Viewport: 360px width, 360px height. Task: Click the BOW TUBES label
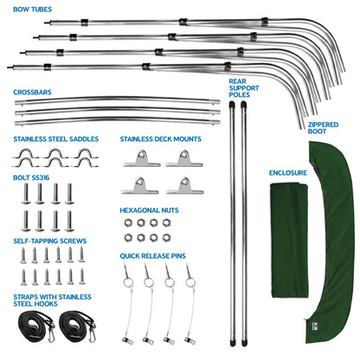(32, 10)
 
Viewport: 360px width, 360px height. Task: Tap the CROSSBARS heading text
(32, 93)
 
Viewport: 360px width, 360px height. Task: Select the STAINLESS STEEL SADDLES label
(56, 139)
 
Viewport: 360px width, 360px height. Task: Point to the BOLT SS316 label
(31, 177)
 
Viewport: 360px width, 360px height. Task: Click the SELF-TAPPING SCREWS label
(50, 241)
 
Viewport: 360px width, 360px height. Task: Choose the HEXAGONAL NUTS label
(149, 210)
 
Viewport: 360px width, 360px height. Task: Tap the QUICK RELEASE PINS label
(153, 256)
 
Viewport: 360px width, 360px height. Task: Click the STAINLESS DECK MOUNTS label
(161, 139)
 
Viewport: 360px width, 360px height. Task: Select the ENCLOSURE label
(288, 173)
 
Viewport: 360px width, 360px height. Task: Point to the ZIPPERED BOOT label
(323, 128)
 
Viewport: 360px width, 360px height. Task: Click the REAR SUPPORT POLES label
(244, 88)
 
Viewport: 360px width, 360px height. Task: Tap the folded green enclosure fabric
(289, 241)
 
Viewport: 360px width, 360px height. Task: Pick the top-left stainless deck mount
(142, 159)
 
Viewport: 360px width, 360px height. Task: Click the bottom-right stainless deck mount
(184, 186)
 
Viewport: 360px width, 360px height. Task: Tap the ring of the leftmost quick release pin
(128, 282)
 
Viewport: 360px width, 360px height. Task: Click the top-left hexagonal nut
(128, 222)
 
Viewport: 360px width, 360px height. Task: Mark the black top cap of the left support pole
(232, 105)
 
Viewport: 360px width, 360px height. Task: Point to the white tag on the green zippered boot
(314, 325)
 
